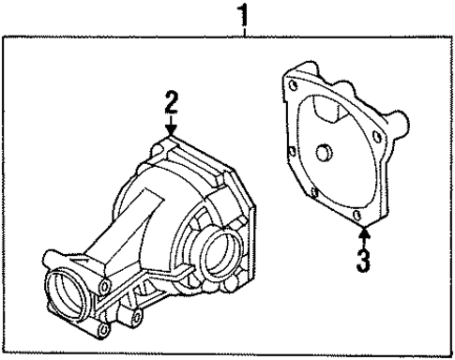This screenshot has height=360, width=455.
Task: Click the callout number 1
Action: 247,14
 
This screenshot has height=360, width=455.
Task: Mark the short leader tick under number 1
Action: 247,32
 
